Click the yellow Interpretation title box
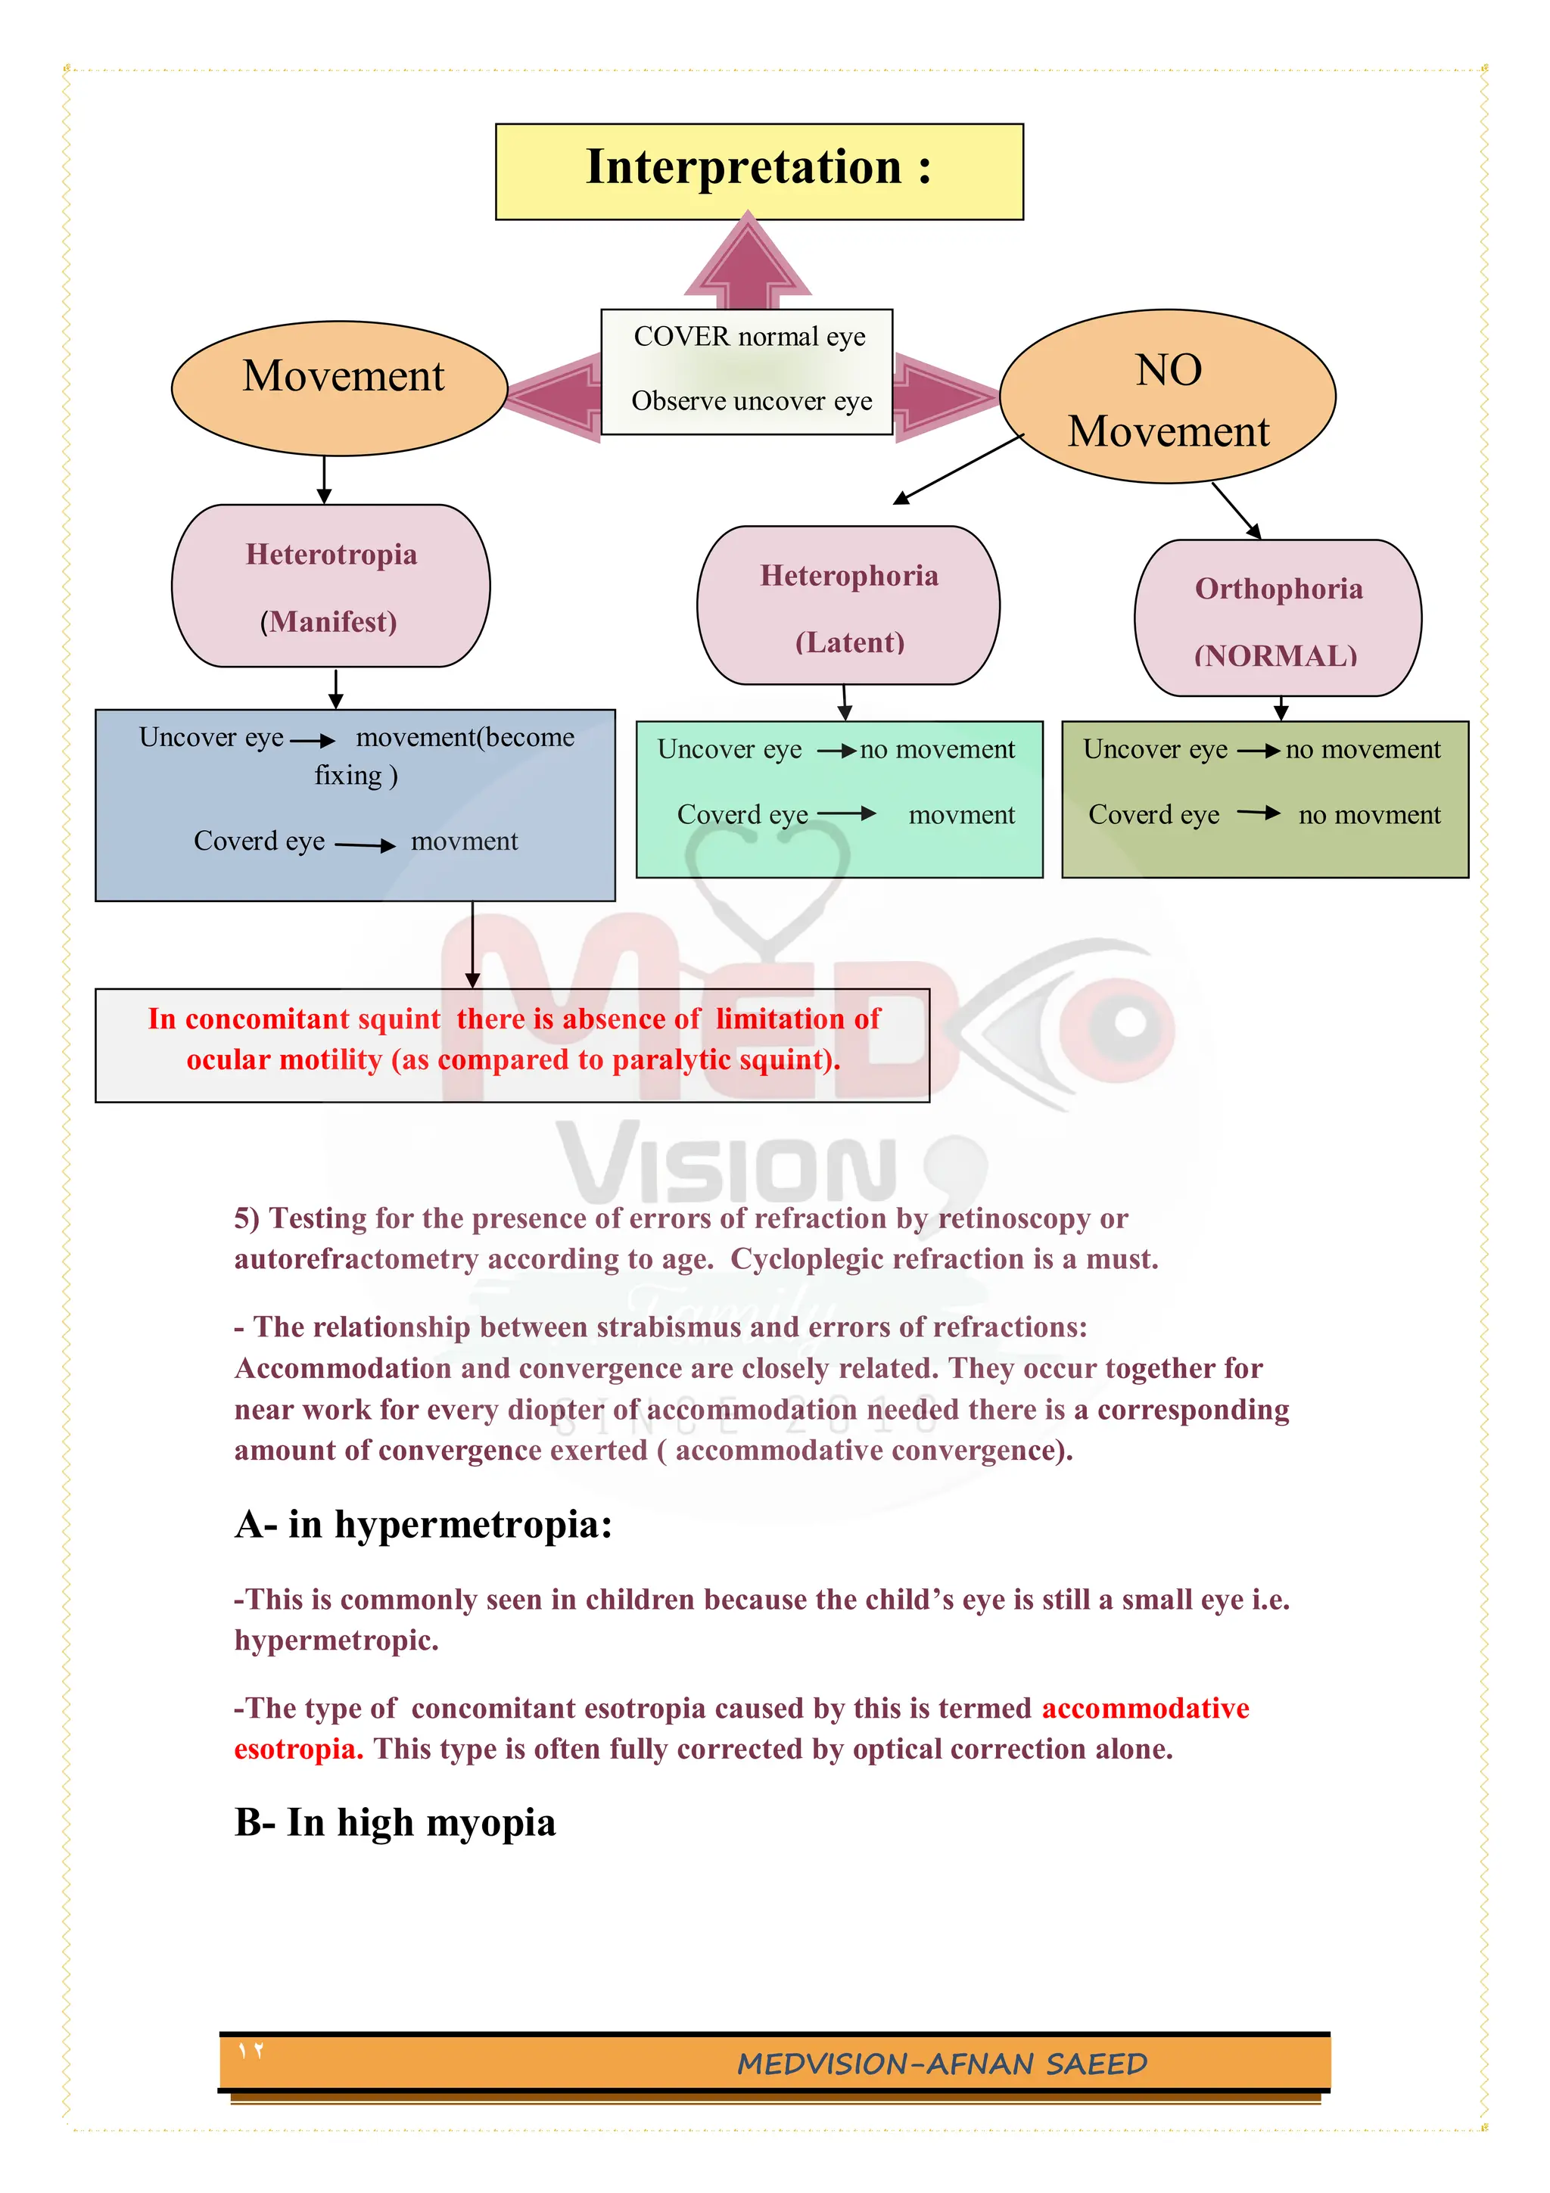[x=758, y=171]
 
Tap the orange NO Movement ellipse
[x=1166, y=397]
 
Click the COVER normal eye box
[x=747, y=371]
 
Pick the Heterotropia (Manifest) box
[x=331, y=586]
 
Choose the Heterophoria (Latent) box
[x=848, y=605]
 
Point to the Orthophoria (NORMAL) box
[x=1277, y=618]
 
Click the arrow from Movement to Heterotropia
[x=324, y=480]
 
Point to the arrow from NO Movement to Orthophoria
[x=1236, y=510]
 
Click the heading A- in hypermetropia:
[x=423, y=1524]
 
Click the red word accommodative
[x=1144, y=1708]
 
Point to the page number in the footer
[x=251, y=2051]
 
